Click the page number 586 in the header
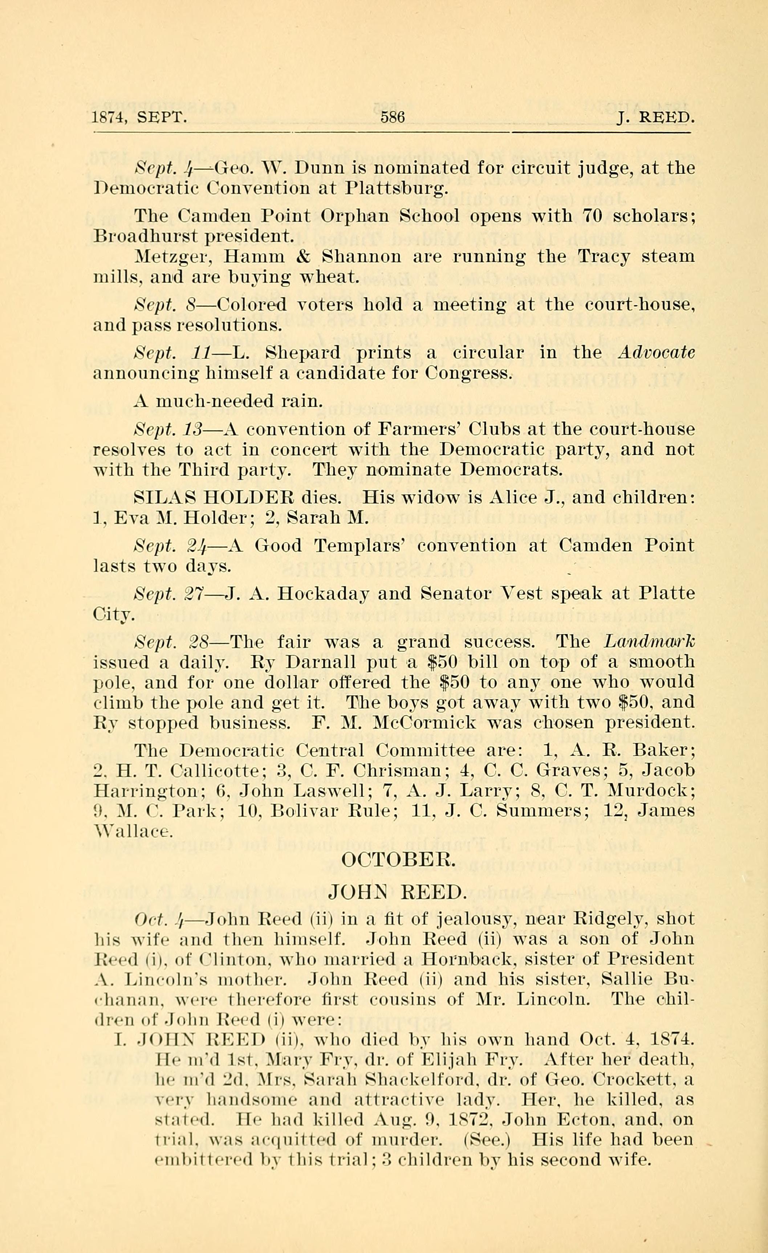pyautogui.click(x=392, y=118)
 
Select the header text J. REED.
pyautogui.click(x=655, y=118)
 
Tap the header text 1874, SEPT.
pyautogui.click(x=140, y=118)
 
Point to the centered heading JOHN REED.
pyautogui.click(x=397, y=891)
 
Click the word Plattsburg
pyautogui.click(x=396, y=189)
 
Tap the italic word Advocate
pyautogui.click(x=655, y=353)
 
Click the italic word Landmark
pyautogui.click(x=650, y=642)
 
